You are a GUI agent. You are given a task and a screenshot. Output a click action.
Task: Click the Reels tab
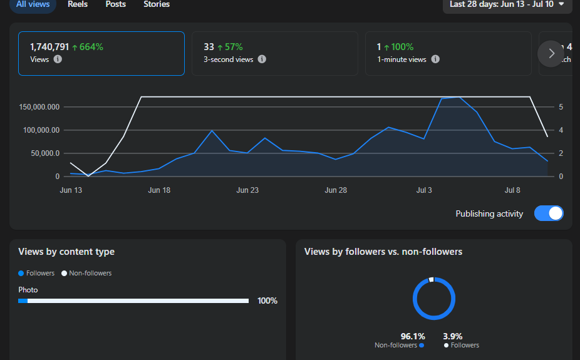pyautogui.click(x=78, y=4)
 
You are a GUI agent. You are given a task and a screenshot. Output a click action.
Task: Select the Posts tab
pyautogui.click(x=116, y=4)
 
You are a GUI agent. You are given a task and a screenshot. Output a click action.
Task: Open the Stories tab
pyautogui.click(x=157, y=4)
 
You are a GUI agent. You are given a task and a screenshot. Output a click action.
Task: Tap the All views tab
pyautogui.click(x=33, y=4)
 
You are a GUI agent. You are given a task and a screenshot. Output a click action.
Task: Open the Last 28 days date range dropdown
pyautogui.click(x=507, y=4)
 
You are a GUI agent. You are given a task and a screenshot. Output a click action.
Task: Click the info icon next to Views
pyautogui.click(x=58, y=59)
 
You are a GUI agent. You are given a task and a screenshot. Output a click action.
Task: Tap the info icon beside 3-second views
pyautogui.click(x=262, y=59)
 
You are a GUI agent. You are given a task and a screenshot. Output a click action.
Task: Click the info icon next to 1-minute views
pyautogui.click(x=435, y=59)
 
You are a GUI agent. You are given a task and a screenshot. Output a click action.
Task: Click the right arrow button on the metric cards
pyautogui.click(x=551, y=54)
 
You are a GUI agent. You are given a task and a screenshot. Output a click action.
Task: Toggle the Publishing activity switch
pyautogui.click(x=549, y=213)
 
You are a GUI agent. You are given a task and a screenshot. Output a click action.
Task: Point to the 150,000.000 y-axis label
pyautogui.click(x=39, y=107)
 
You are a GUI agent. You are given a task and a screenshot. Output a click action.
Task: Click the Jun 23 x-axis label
pyautogui.click(x=247, y=190)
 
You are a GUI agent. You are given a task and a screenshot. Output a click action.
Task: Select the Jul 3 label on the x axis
pyautogui.click(x=424, y=190)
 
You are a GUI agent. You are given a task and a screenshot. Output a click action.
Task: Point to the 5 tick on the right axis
pyautogui.click(x=561, y=107)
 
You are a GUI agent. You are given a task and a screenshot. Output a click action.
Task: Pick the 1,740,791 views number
pyautogui.click(x=49, y=47)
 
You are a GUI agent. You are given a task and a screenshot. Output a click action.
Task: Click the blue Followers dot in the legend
pyautogui.click(x=21, y=273)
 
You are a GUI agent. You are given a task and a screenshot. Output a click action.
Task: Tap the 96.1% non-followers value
pyautogui.click(x=413, y=336)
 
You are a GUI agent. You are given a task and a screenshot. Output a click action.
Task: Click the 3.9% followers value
pyautogui.click(x=453, y=336)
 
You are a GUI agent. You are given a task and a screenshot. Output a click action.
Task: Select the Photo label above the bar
pyautogui.click(x=28, y=290)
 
